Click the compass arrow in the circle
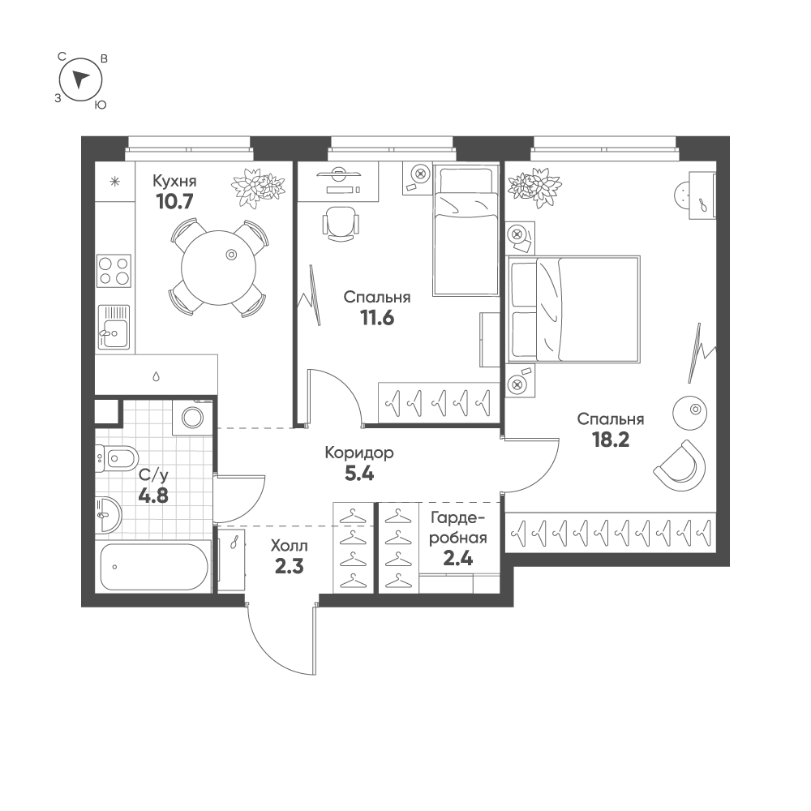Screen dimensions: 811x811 (x=80, y=79)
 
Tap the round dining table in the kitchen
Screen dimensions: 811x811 (x=219, y=268)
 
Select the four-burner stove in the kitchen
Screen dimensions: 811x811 (x=114, y=271)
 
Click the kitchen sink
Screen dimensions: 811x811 (x=114, y=327)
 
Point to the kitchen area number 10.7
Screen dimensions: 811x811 (x=175, y=200)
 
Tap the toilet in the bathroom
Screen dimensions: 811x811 (x=117, y=457)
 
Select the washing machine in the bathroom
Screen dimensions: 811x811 (x=192, y=417)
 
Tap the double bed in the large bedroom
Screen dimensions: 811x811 (x=574, y=309)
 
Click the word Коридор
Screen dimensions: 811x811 (x=359, y=453)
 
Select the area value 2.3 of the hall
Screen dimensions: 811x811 (x=290, y=566)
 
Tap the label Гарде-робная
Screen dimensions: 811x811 (x=458, y=527)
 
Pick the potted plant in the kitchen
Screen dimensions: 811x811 (x=258, y=187)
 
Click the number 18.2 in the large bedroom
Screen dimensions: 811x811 (x=611, y=440)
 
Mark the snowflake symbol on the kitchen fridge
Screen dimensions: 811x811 (x=115, y=182)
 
